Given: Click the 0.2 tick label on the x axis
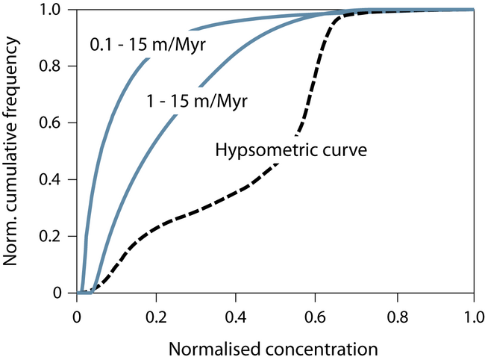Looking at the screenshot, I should click(156, 314).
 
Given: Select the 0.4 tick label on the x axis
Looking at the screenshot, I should click(236, 314).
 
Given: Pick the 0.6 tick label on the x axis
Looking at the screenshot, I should click(315, 314).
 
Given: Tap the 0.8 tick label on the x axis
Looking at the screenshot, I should click(395, 314).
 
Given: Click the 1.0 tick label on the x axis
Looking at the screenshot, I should click(474, 314).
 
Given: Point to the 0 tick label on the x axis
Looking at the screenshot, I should click(77, 314).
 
